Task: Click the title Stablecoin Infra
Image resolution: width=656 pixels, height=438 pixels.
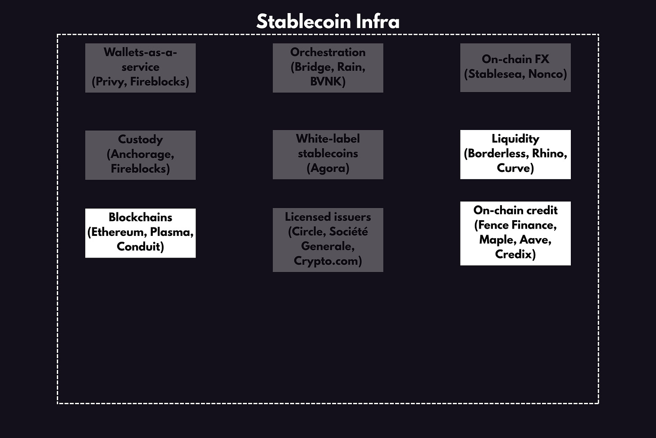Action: tap(328, 21)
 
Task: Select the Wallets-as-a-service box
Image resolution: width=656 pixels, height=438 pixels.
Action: tap(140, 68)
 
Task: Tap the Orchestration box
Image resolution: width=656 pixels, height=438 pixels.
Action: tap(328, 68)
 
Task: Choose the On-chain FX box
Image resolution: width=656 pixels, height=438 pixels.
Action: tap(515, 67)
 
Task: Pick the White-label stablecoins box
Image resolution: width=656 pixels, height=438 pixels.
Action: tap(328, 154)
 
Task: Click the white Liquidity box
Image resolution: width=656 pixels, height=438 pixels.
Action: tap(515, 154)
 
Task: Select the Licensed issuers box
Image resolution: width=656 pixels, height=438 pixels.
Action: tap(328, 240)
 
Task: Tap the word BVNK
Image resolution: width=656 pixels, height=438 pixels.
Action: tap(328, 82)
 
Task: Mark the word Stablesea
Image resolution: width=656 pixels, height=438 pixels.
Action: tap(495, 74)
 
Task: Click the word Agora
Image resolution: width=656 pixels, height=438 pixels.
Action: tap(328, 168)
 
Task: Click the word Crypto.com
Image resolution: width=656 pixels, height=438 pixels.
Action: tap(327, 261)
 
